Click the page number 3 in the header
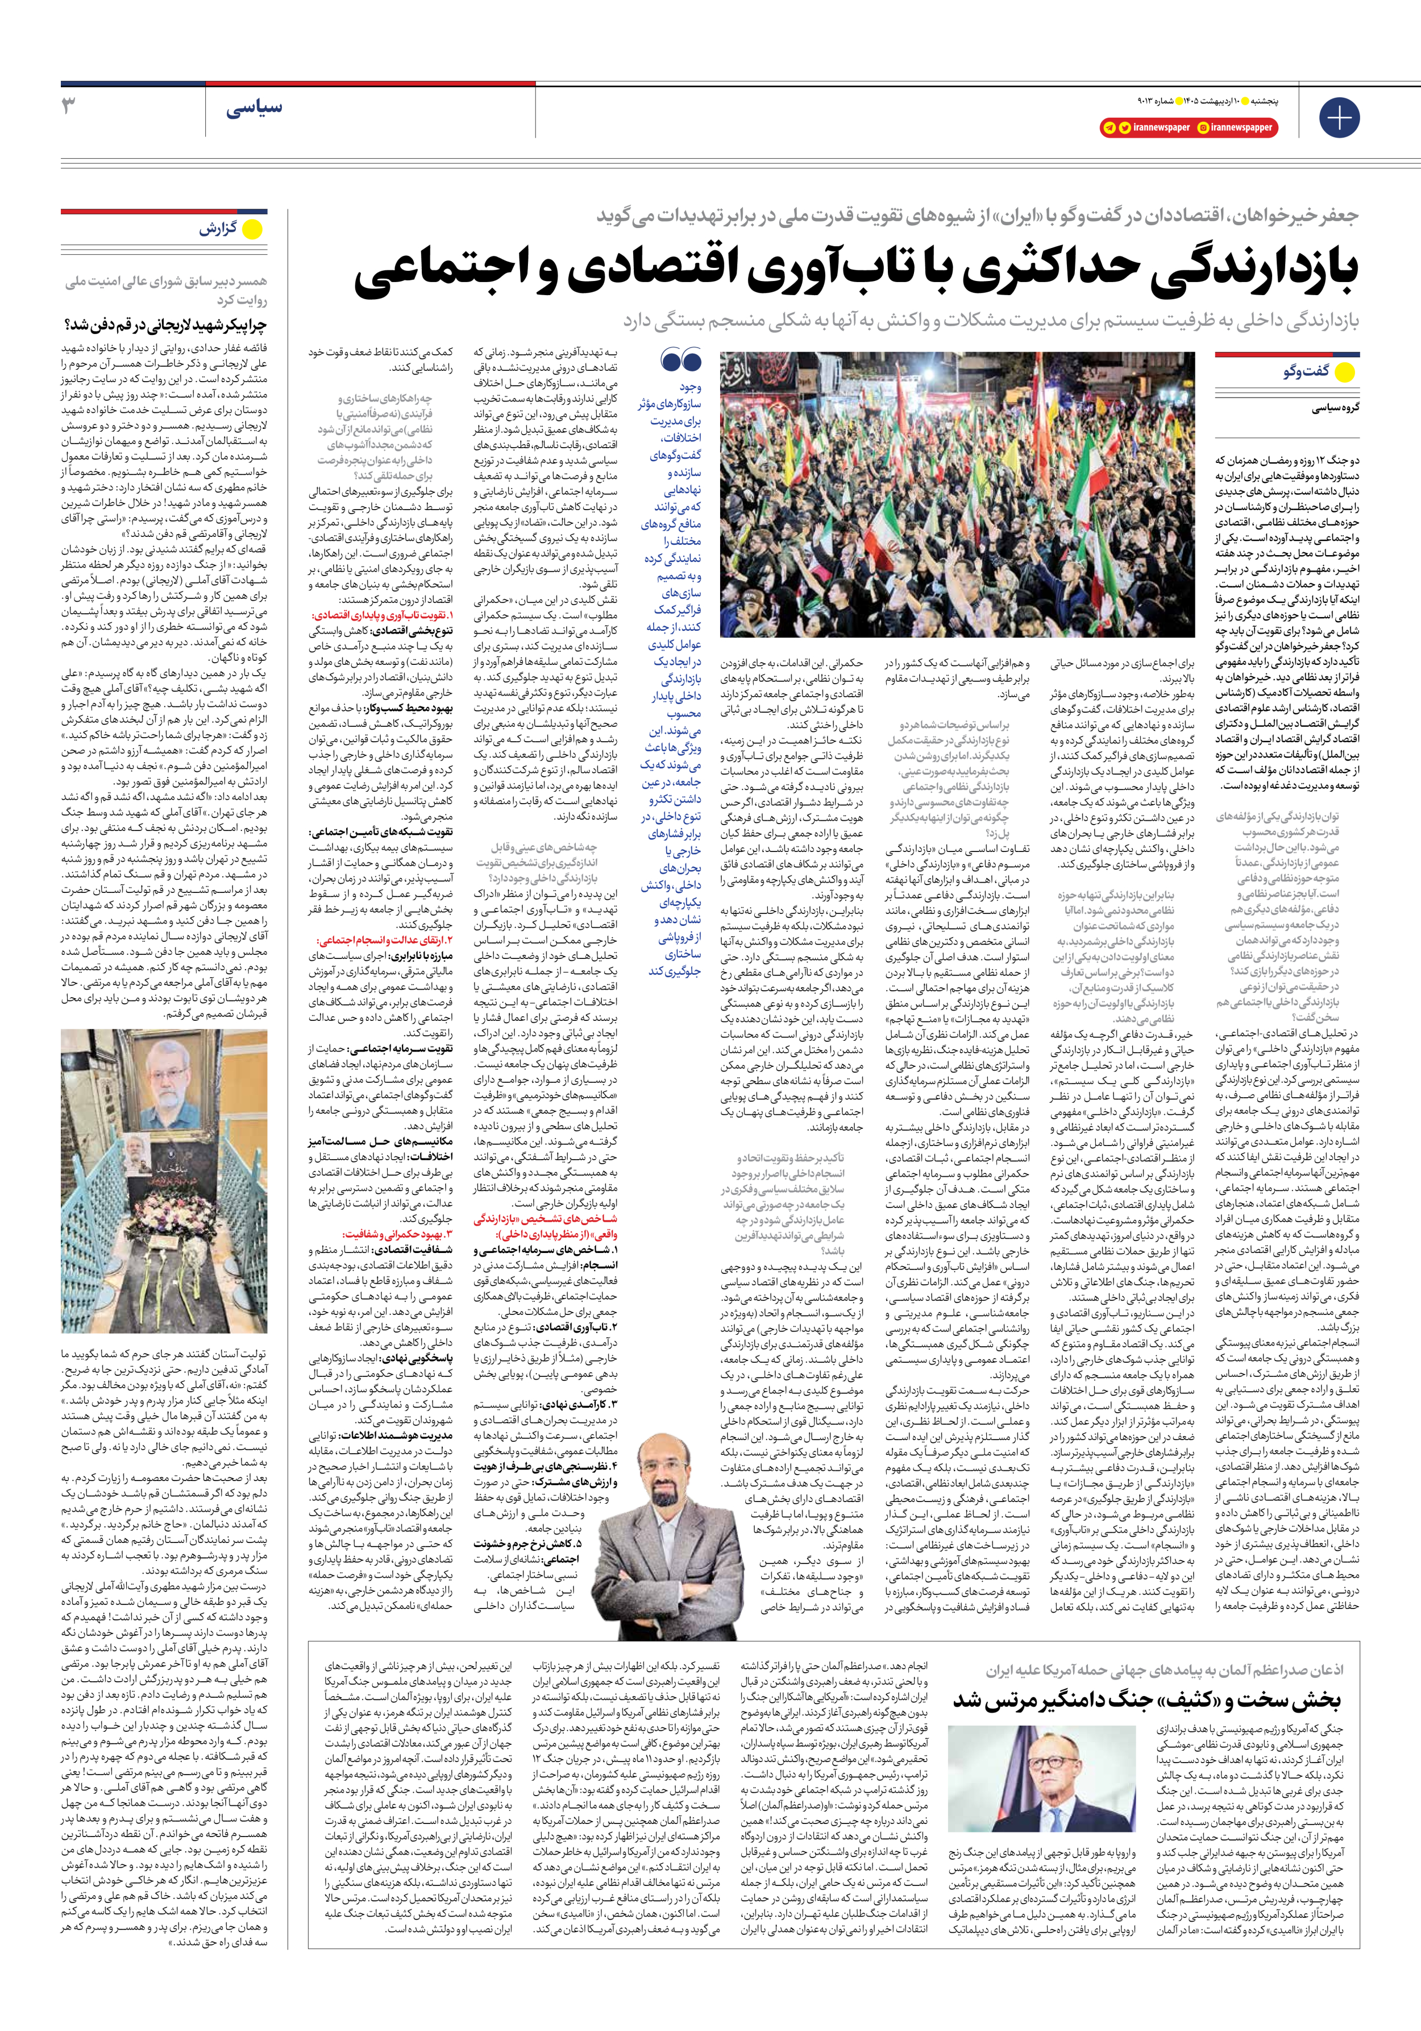coord(69,107)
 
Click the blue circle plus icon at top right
coord(1338,116)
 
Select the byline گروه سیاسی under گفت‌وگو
coord(1335,408)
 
